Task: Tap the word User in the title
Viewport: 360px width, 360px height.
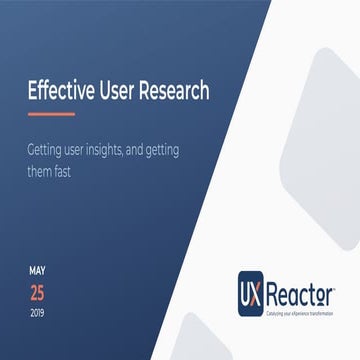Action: (120, 92)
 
